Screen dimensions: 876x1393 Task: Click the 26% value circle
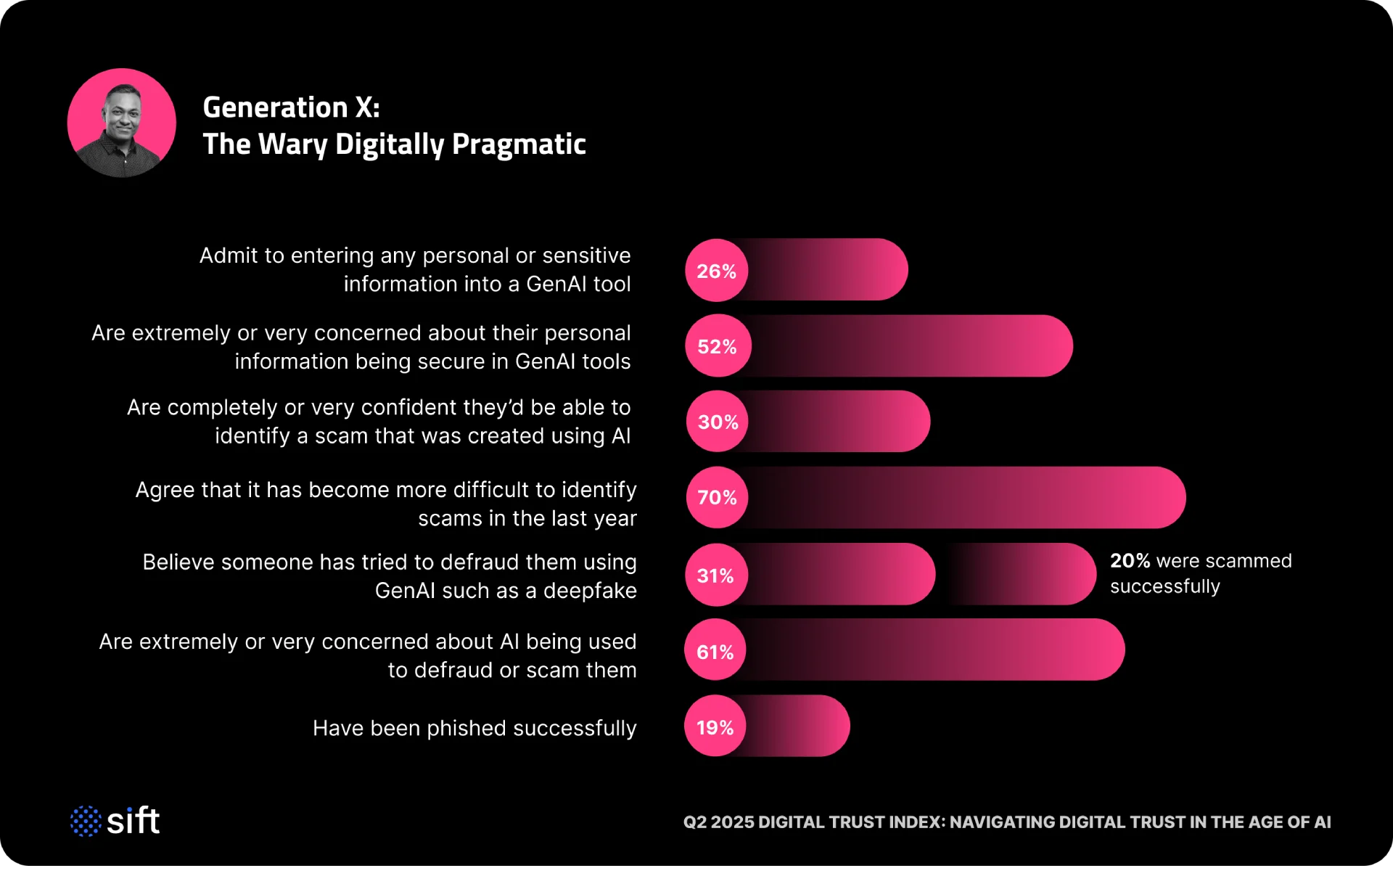click(x=717, y=271)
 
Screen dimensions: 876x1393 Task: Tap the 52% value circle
click(x=718, y=346)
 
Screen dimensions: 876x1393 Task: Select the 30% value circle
click(x=718, y=422)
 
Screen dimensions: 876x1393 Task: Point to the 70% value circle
click(x=718, y=497)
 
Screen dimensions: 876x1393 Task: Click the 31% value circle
click(x=716, y=576)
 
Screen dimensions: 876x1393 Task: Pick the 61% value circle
click(x=715, y=652)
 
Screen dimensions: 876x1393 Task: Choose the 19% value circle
click(x=715, y=727)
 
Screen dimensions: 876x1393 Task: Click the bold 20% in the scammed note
click(x=1130, y=561)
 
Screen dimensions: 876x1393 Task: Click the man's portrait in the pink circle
click(x=122, y=123)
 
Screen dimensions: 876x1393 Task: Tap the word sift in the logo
click(x=133, y=821)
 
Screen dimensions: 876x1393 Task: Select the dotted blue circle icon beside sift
click(x=86, y=821)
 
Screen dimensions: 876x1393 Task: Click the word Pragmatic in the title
click(x=519, y=144)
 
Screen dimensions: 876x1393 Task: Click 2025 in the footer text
click(x=732, y=822)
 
